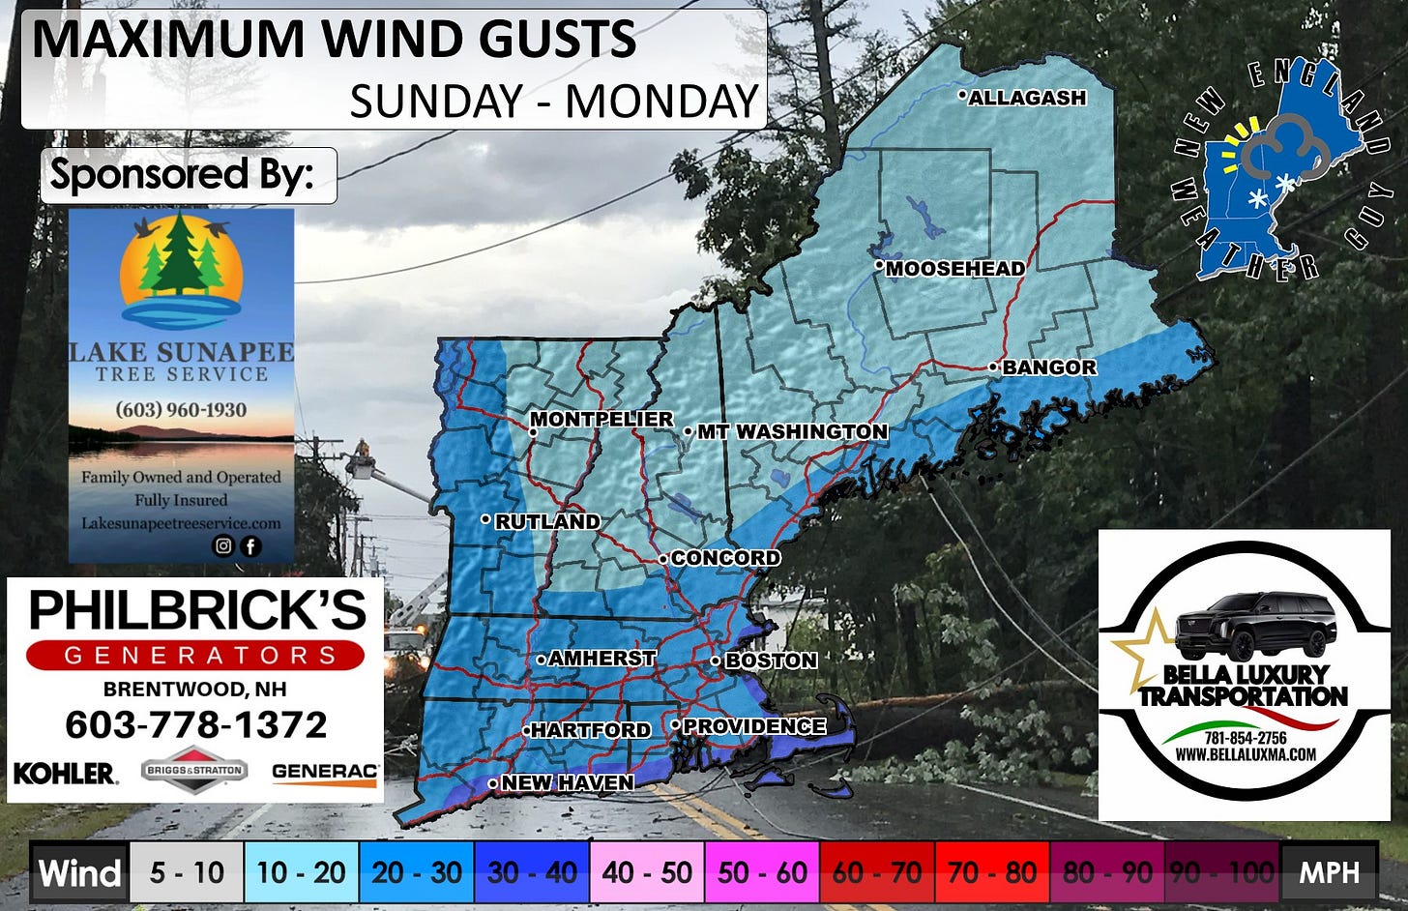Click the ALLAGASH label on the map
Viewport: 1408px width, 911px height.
click(x=1026, y=98)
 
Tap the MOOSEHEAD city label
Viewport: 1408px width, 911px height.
click(x=954, y=269)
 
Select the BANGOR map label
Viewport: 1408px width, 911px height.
click(x=1048, y=367)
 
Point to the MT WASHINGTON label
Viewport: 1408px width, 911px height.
click(x=791, y=431)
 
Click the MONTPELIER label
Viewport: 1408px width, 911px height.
click(x=601, y=419)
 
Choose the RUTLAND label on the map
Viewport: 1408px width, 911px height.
click(x=546, y=521)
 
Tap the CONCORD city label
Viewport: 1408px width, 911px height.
click(x=724, y=558)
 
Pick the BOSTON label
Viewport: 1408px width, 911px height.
click(x=770, y=661)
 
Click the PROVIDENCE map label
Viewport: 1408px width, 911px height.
click(x=753, y=726)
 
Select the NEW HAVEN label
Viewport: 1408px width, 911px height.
click(x=567, y=782)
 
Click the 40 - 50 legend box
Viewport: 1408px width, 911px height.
click(x=647, y=873)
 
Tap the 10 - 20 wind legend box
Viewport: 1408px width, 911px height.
click(x=301, y=873)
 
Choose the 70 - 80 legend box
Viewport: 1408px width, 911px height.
click(x=992, y=873)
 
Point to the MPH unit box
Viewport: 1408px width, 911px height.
click(x=1329, y=873)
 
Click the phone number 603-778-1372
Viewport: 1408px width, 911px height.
click(x=195, y=724)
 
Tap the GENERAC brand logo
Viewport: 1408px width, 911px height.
click(x=325, y=772)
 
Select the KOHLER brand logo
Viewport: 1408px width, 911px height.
click(x=65, y=773)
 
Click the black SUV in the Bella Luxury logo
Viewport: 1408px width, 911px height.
click(x=1255, y=626)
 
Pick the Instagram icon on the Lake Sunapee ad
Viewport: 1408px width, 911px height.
click(x=223, y=546)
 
